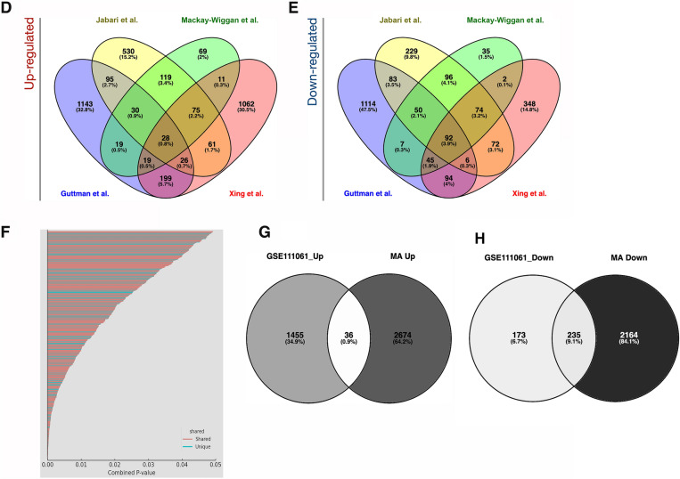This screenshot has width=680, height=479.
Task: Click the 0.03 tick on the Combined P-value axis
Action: (148, 464)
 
